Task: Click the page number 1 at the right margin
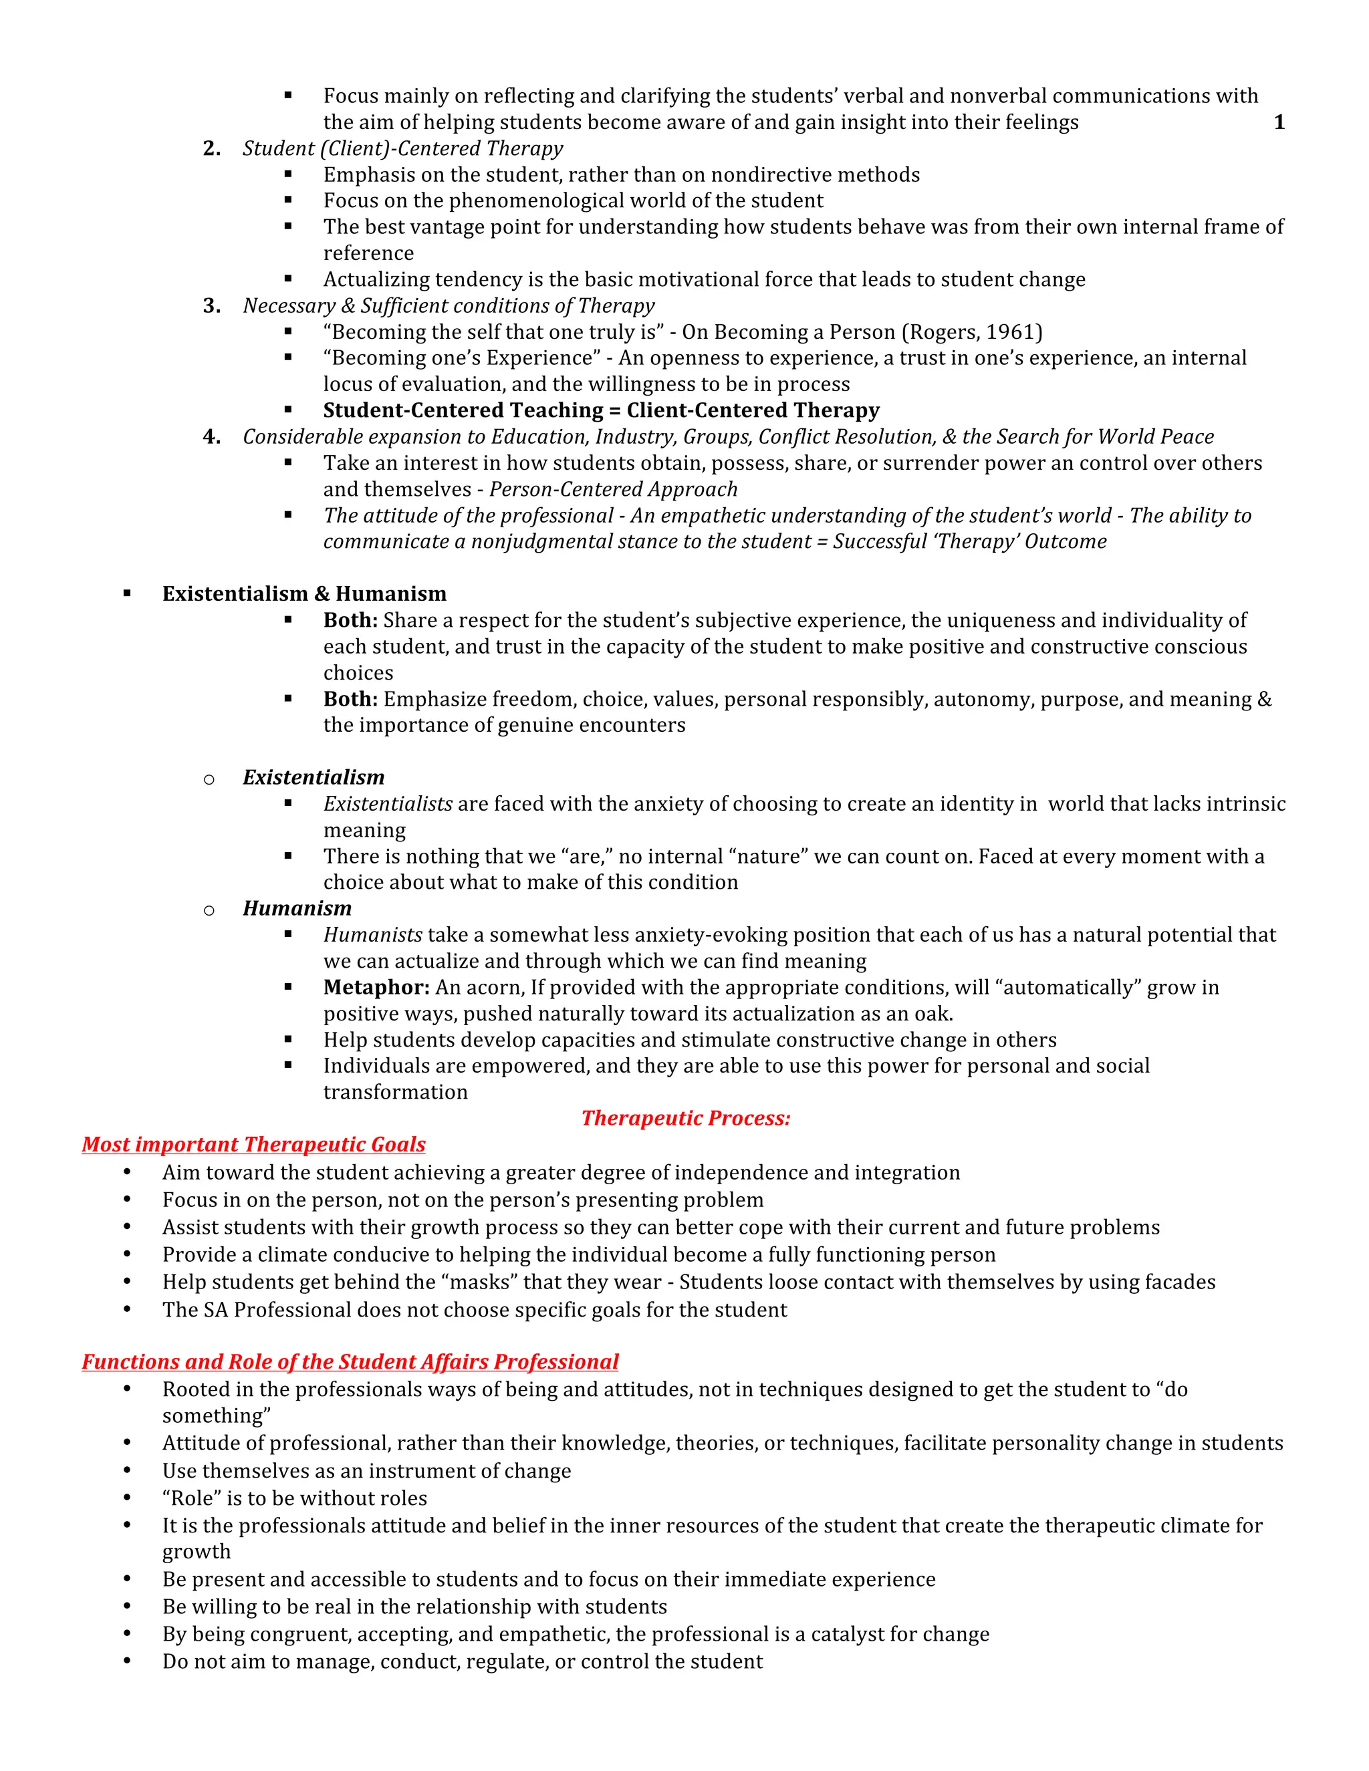click(x=1279, y=122)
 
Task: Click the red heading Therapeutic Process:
click(x=685, y=1118)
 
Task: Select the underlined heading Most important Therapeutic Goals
click(x=253, y=1144)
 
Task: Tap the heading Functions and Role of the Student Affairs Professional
click(x=350, y=1361)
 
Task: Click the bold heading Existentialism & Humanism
click(x=304, y=593)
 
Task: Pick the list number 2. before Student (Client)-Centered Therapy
click(x=212, y=148)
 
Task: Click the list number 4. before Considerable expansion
click(x=212, y=437)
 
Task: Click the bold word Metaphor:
click(x=376, y=988)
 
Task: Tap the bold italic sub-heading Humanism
click(x=297, y=908)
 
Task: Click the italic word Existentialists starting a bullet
click(x=388, y=803)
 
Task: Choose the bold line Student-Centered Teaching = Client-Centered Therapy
click(x=601, y=410)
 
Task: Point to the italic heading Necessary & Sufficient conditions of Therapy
click(x=449, y=305)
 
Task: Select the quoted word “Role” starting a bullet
click(x=191, y=1498)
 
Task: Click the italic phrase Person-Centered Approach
click(x=613, y=489)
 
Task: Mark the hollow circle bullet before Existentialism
click(x=209, y=779)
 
